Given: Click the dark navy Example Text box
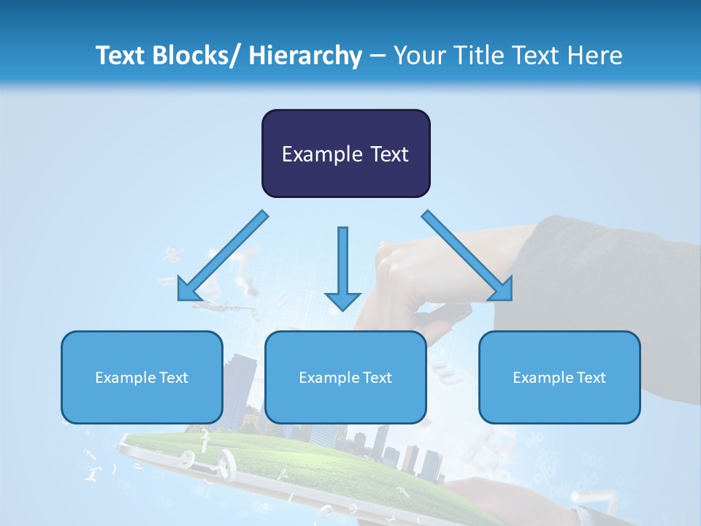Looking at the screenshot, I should pyautogui.click(x=345, y=153).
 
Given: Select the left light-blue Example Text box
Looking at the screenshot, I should pyautogui.click(x=142, y=377).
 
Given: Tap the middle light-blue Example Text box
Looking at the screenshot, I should pyautogui.click(x=345, y=377).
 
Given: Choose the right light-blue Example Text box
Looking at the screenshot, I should pyautogui.click(x=559, y=377).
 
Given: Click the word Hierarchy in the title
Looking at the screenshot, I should pyautogui.click(x=305, y=56).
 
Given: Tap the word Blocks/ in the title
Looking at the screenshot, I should pyautogui.click(x=192, y=56).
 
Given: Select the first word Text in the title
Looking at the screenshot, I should pyautogui.click(x=120, y=56).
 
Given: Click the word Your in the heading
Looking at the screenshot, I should pyautogui.click(x=418, y=56).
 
